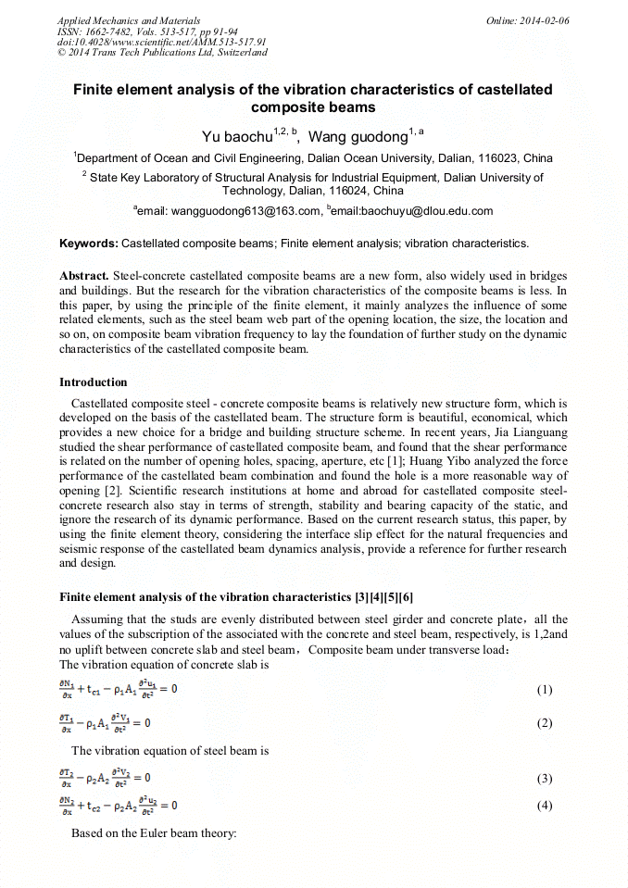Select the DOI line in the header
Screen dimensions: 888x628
tap(162, 42)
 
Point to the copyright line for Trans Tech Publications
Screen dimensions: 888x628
tap(163, 53)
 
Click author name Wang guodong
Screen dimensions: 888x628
tap(358, 137)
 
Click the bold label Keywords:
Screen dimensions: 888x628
tap(89, 244)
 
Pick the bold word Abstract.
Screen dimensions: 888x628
tap(84, 277)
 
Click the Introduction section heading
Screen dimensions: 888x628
tap(94, 382)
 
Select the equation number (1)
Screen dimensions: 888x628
tap(545, 690)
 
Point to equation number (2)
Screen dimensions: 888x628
tap(545, 723)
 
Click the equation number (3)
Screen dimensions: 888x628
tap(545, 779)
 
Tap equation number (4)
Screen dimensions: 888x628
tap(545, 806)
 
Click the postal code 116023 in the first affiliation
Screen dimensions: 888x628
tap(487, 158)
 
